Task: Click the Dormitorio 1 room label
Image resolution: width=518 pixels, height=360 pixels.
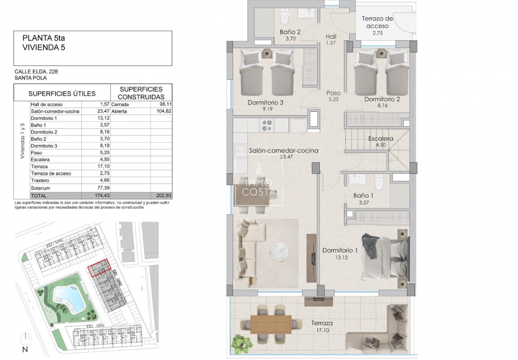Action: [x=340, y=250]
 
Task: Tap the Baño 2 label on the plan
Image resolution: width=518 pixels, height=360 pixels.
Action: [x=290, y=32]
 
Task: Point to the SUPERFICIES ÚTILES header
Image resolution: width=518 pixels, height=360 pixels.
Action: [x=62, y=94]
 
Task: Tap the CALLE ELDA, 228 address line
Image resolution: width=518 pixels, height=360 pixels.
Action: [x=36, y=72]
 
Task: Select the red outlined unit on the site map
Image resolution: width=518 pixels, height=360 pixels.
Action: [x=99, y=268]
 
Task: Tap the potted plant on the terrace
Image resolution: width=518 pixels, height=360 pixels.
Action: [x=239, y=343]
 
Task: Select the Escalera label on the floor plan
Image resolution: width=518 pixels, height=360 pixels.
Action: [x=380, y=139]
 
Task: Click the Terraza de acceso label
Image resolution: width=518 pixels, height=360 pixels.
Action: [x=377, y=22]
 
